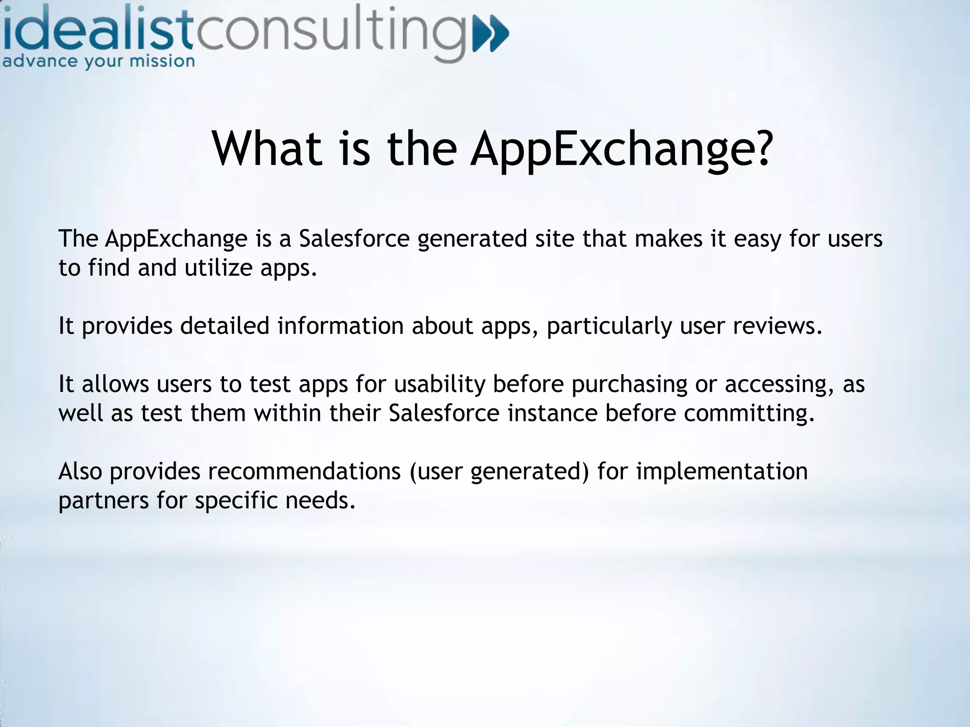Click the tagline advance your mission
[x=99, y=62]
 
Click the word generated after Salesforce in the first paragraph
[x=472, y=239]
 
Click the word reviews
[x=777, y=326]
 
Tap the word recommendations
[x=304, y=471]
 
